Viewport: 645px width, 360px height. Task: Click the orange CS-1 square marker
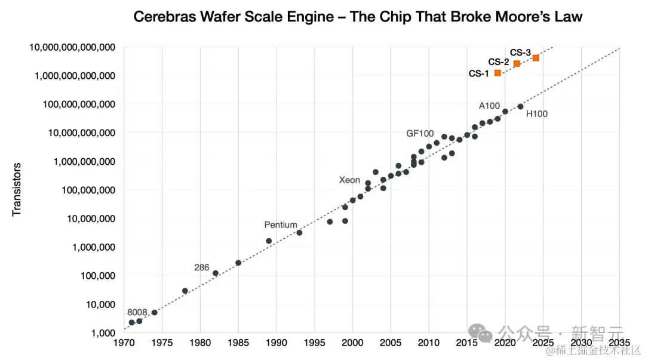tap(497, 73)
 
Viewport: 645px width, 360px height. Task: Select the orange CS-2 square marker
tap(517, 63)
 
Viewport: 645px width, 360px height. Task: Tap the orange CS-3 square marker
tap(536, 58)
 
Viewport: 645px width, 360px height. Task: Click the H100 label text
tap(536, 114)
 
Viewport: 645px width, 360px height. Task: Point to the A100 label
tap(489, 106)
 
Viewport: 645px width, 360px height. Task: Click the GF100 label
tap(420, 134)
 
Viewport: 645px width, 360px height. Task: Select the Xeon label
tap(349, 180)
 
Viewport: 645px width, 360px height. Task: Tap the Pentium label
tap(281, 225)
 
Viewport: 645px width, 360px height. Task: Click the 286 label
tap(202, 267)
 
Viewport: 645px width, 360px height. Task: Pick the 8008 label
tap(137, 312)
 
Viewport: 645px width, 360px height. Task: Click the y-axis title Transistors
tap(17, 189)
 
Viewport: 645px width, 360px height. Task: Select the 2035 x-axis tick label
tap(619, 343)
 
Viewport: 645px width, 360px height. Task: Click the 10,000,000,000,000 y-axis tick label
tap(72, 47)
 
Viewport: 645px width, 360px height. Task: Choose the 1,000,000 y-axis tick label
tap(90, 247)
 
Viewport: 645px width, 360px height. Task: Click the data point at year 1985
tap(238, 263)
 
